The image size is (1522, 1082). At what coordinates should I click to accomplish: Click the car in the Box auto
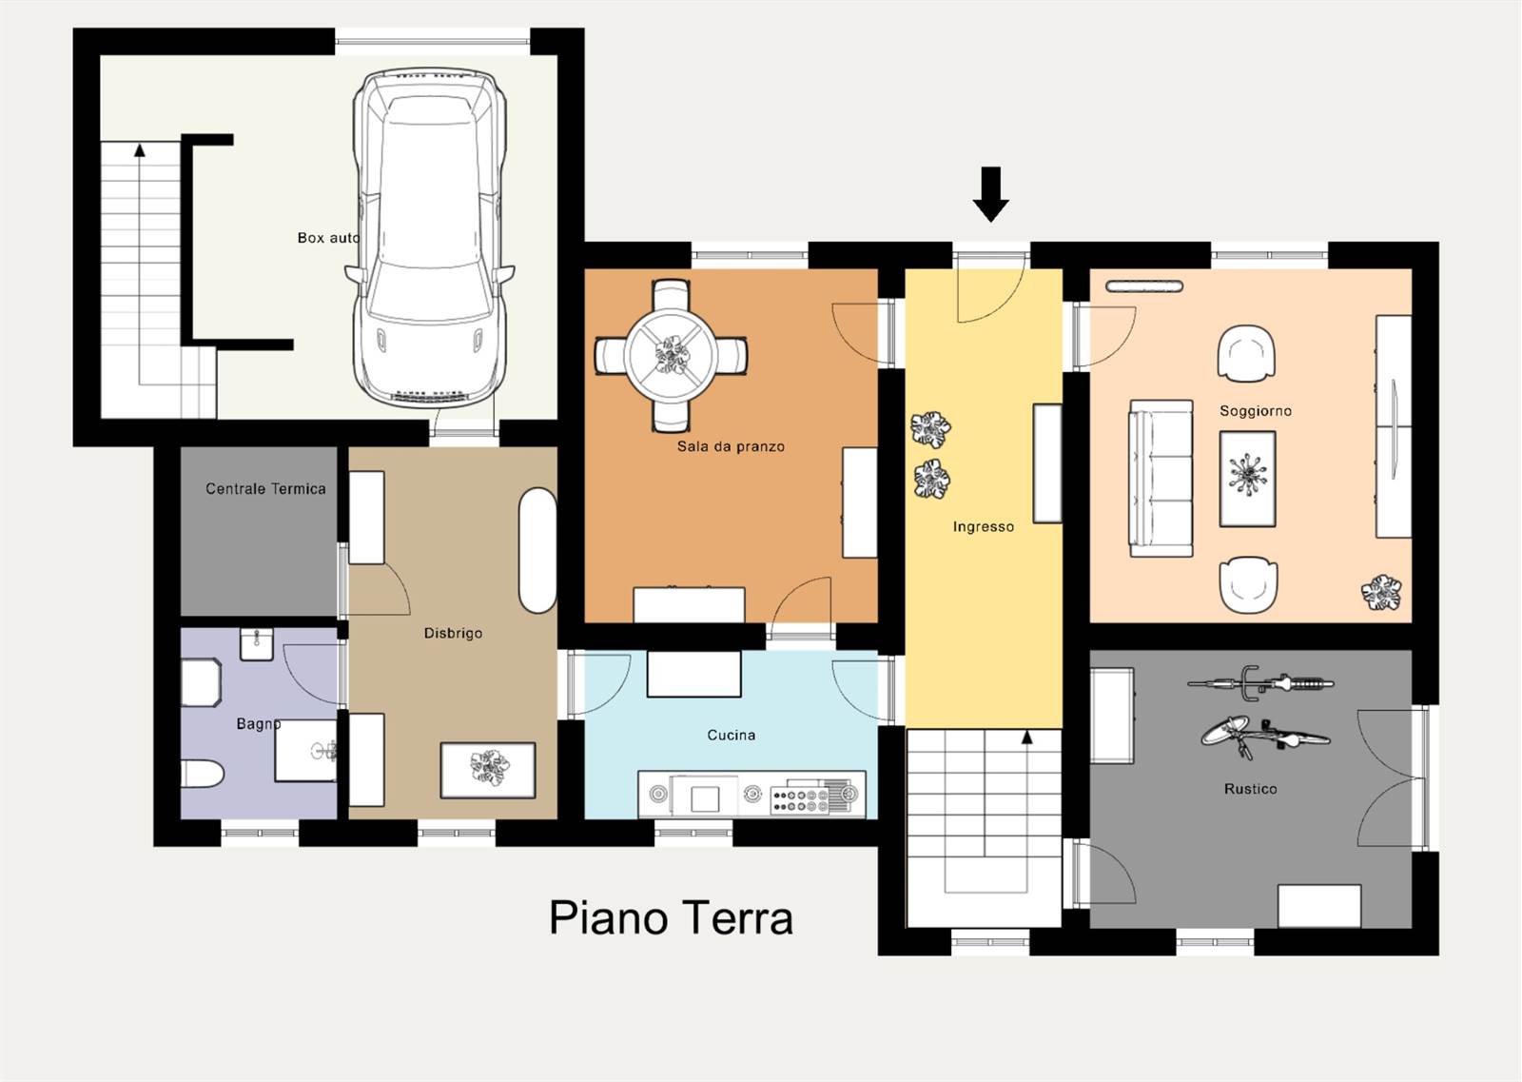click(x=429, y=238)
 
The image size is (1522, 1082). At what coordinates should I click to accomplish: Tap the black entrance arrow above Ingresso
click(x=990, y=194)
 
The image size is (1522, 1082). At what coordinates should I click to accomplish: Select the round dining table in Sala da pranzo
click(x=672, y=355)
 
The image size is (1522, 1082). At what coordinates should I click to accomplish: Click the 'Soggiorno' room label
click(x=1255, y=410)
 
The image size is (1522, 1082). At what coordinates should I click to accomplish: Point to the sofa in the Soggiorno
click(x=1161, y=479)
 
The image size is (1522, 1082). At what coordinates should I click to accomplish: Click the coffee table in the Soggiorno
click(x=1247, y=479)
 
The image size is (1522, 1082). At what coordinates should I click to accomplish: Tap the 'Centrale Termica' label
click(x=265, y=489)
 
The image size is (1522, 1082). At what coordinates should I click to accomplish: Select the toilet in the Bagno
click(x=202, y=774)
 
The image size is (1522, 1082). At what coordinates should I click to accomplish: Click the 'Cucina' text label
click(x=732, y=735)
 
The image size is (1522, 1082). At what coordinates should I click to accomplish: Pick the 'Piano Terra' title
click(x=671, y=917)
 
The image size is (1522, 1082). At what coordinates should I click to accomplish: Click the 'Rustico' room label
click(x=1250, y=789)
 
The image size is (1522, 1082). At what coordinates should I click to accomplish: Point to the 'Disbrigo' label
click(x=453, y=634)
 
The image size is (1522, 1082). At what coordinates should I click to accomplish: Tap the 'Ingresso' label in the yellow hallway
click(x=984, y=527)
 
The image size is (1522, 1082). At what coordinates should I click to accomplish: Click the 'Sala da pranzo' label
click(x=731, y=446)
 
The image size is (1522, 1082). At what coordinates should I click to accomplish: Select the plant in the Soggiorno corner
click(x=1380, y=592)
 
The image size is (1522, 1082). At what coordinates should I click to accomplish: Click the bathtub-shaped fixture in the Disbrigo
click(x=537, y=550)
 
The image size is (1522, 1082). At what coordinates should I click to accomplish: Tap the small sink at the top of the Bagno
click(x=257, y=643)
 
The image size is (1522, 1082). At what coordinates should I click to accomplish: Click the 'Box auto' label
click(x=329, y=238)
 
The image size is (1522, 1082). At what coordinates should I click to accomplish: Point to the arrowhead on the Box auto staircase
click(x=140, y=150)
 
